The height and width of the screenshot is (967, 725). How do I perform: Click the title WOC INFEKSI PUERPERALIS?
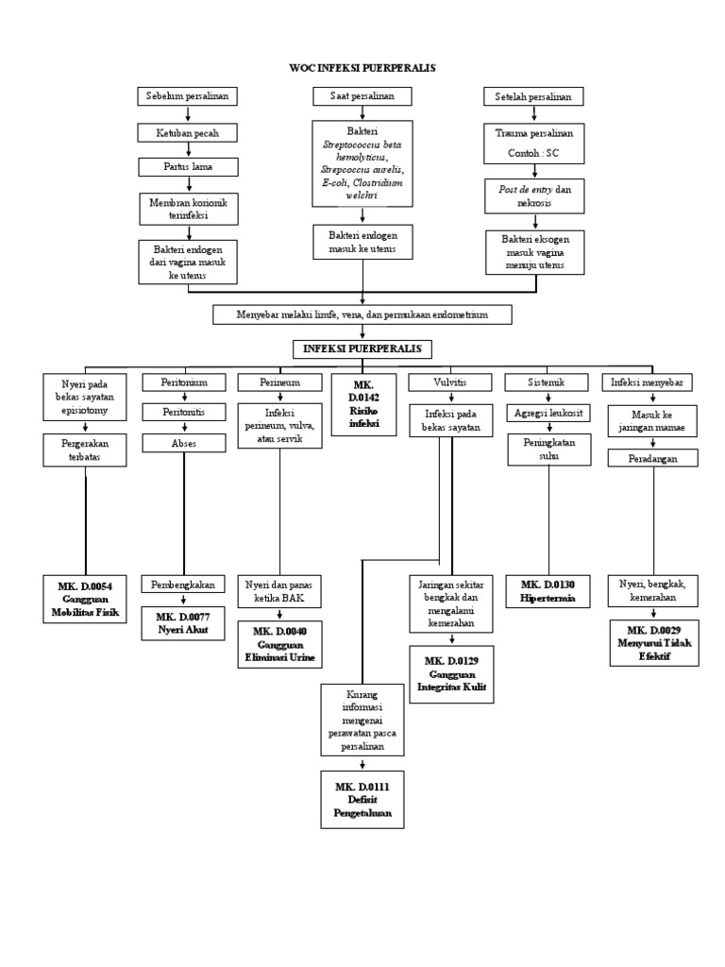[x=362, y=68]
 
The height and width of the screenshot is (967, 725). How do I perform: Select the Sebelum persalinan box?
[x=188, y=96]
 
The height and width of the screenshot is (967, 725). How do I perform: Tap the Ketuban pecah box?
[x=188, y=132]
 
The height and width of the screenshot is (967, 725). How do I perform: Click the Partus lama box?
[x=188, y=167]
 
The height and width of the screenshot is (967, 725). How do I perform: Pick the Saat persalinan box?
[x=362, y=96]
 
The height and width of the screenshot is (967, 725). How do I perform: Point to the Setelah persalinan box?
[x=533, y=97]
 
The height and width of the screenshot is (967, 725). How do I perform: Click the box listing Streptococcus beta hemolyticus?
[x=362, y=162]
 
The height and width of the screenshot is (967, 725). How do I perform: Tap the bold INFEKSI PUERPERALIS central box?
[x=362, y=349]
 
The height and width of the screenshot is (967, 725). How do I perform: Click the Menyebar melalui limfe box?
[x=362, y=314]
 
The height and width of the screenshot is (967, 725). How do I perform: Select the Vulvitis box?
[x=448, y=382]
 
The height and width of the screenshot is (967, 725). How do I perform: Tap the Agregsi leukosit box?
[x=548, y=413]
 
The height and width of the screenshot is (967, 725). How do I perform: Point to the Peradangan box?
[x=652, y=457]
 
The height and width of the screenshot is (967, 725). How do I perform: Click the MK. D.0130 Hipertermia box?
[x=548, y=591]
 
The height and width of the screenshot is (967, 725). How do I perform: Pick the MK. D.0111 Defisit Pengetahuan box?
[x=362, y=799]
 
